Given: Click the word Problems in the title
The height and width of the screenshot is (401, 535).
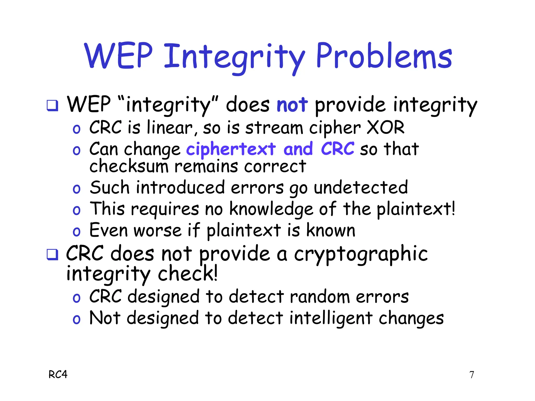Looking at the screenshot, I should tap(384, 56).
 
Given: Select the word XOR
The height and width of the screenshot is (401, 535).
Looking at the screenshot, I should tap(386, 128).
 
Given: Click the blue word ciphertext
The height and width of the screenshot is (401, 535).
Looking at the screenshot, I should tap(231, 149).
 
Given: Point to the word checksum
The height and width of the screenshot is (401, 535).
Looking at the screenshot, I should tap(129, 167).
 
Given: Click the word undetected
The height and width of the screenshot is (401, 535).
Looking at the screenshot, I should tap(361, 188).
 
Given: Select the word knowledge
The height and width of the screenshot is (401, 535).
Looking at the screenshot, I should tap(271, 209).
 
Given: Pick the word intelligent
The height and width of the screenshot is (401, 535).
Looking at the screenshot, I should tap(331, 319).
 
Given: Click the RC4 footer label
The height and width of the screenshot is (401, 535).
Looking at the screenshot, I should tap(58, 375).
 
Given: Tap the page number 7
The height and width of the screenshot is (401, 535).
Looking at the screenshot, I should tap(472, 375).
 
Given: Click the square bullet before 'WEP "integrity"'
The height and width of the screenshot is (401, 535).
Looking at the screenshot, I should tap(52, 105).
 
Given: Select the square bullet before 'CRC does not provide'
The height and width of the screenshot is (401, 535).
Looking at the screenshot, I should tap(52, 254).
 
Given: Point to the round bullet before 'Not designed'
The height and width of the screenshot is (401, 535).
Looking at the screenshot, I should tap(76, 320).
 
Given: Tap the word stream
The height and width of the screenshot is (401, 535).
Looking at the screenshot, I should tap(274, 128).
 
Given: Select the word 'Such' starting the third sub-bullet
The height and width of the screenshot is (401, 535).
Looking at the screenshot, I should tap(109, 188).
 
